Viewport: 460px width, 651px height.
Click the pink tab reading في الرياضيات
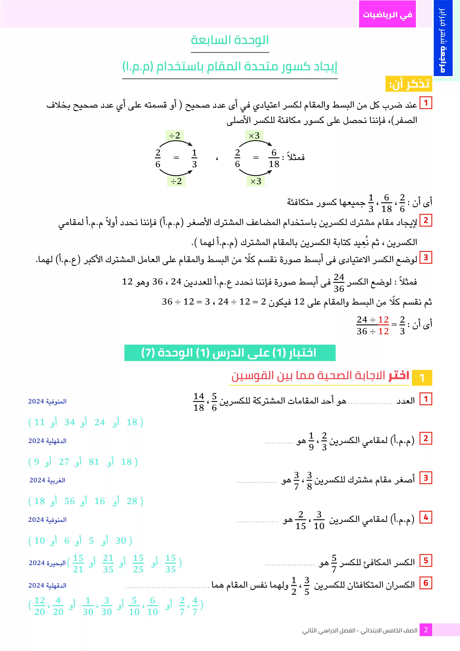point(387,14)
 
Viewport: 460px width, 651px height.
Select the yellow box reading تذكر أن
point(408,84)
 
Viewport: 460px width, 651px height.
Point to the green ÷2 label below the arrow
point(176,181)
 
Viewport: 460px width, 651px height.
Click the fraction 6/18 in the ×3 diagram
point(274,158)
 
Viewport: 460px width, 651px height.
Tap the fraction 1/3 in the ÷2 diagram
point(194,158)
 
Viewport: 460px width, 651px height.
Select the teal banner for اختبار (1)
point(230,353)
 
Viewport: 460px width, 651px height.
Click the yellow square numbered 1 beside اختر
point(422,378)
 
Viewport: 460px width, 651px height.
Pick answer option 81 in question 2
point(94,462)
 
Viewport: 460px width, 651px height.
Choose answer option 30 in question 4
point(121,540)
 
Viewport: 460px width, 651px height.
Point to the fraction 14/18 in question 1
point(199,402)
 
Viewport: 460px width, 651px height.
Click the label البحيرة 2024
point(47,563)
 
